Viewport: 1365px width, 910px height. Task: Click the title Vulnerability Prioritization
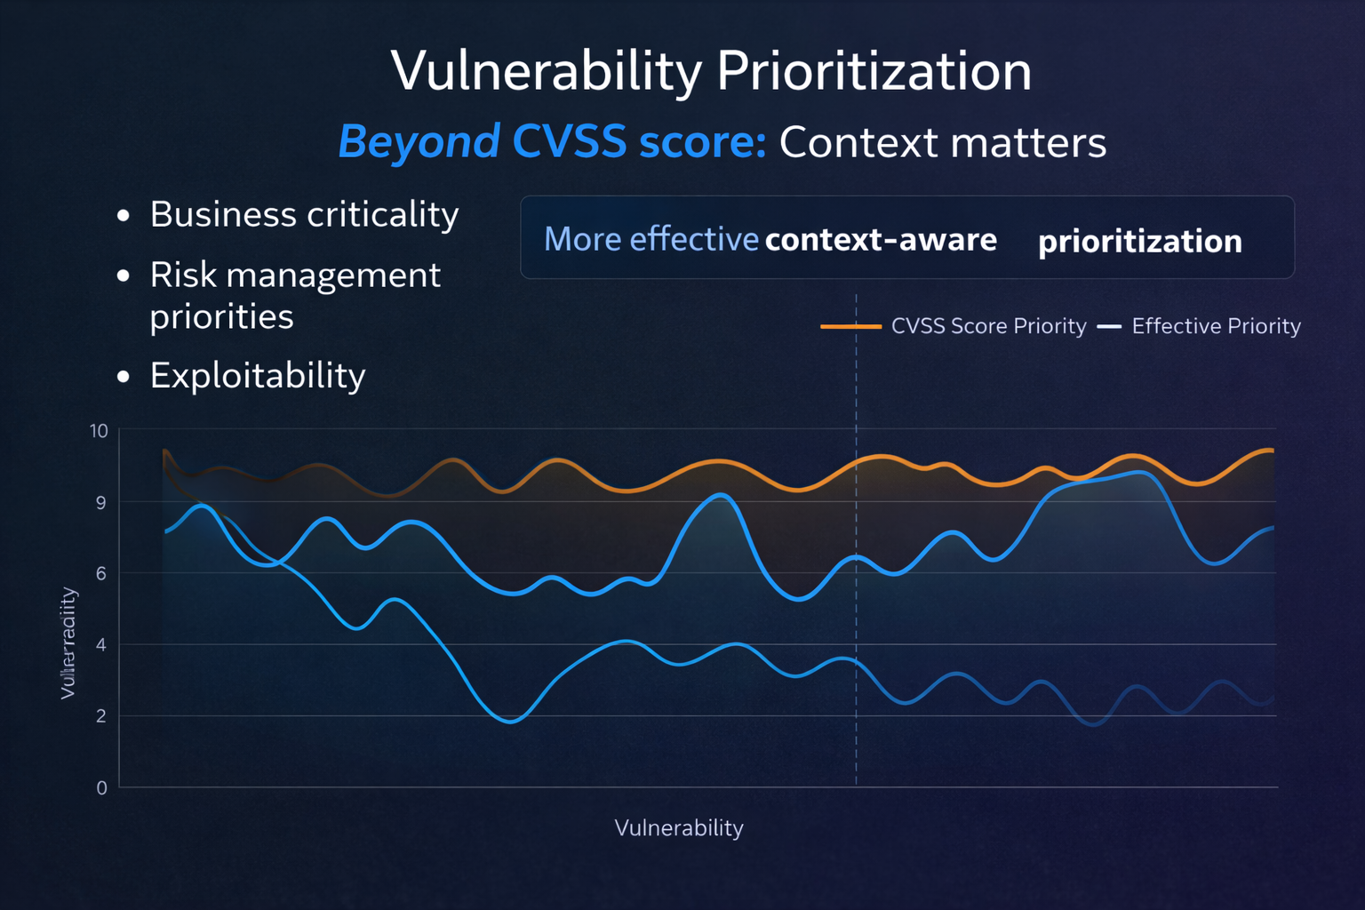pyautogui.click(x=711, y=71)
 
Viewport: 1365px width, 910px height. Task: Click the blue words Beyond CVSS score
pyautogui.click(x=551, y=142)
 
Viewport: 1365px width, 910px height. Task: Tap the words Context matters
pyautogui.click(x=942, y=142)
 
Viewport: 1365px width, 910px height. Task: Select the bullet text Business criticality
pyautogui.click(x=304, y=215)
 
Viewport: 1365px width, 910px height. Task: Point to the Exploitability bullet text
pyautogui.click(x=258, y=376)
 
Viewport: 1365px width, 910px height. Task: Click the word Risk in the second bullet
pyautogui.click(x=183, y=275)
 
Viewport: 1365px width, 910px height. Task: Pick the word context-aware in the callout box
pyautogui.click(x=880, y=240)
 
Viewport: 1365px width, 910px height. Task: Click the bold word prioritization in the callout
pyautogui.click(x=1139, y=242)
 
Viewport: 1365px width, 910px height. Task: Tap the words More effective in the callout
pyautogui.click(x=651, y=239)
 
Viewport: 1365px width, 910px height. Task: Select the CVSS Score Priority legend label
pyautogui.click(x=988, y=326)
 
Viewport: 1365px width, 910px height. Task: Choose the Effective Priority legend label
pyautogui.click(x=1216, y=326)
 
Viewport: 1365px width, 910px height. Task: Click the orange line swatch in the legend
pyautogui.click(x=850, y=326)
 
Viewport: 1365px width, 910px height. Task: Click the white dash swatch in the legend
pyautogui.click(x=1109, y=326)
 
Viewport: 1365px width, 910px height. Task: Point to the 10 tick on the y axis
pyautogui.click(x=99, y=431)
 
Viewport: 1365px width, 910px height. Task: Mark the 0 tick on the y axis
pyautogui.click(x=101, y=788)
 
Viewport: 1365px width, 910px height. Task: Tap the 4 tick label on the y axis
pyautogui.click(x=101, y=645)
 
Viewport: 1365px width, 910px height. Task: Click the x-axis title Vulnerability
pyautogui.click(x=679, y=828)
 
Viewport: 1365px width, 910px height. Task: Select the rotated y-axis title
pyautogui.click(x=68, y=643)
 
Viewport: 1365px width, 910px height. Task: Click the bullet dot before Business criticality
pyautogui.click(x=124, y=216)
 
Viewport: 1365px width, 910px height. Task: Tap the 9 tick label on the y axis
pyautogui.click(x=101, y=503)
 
